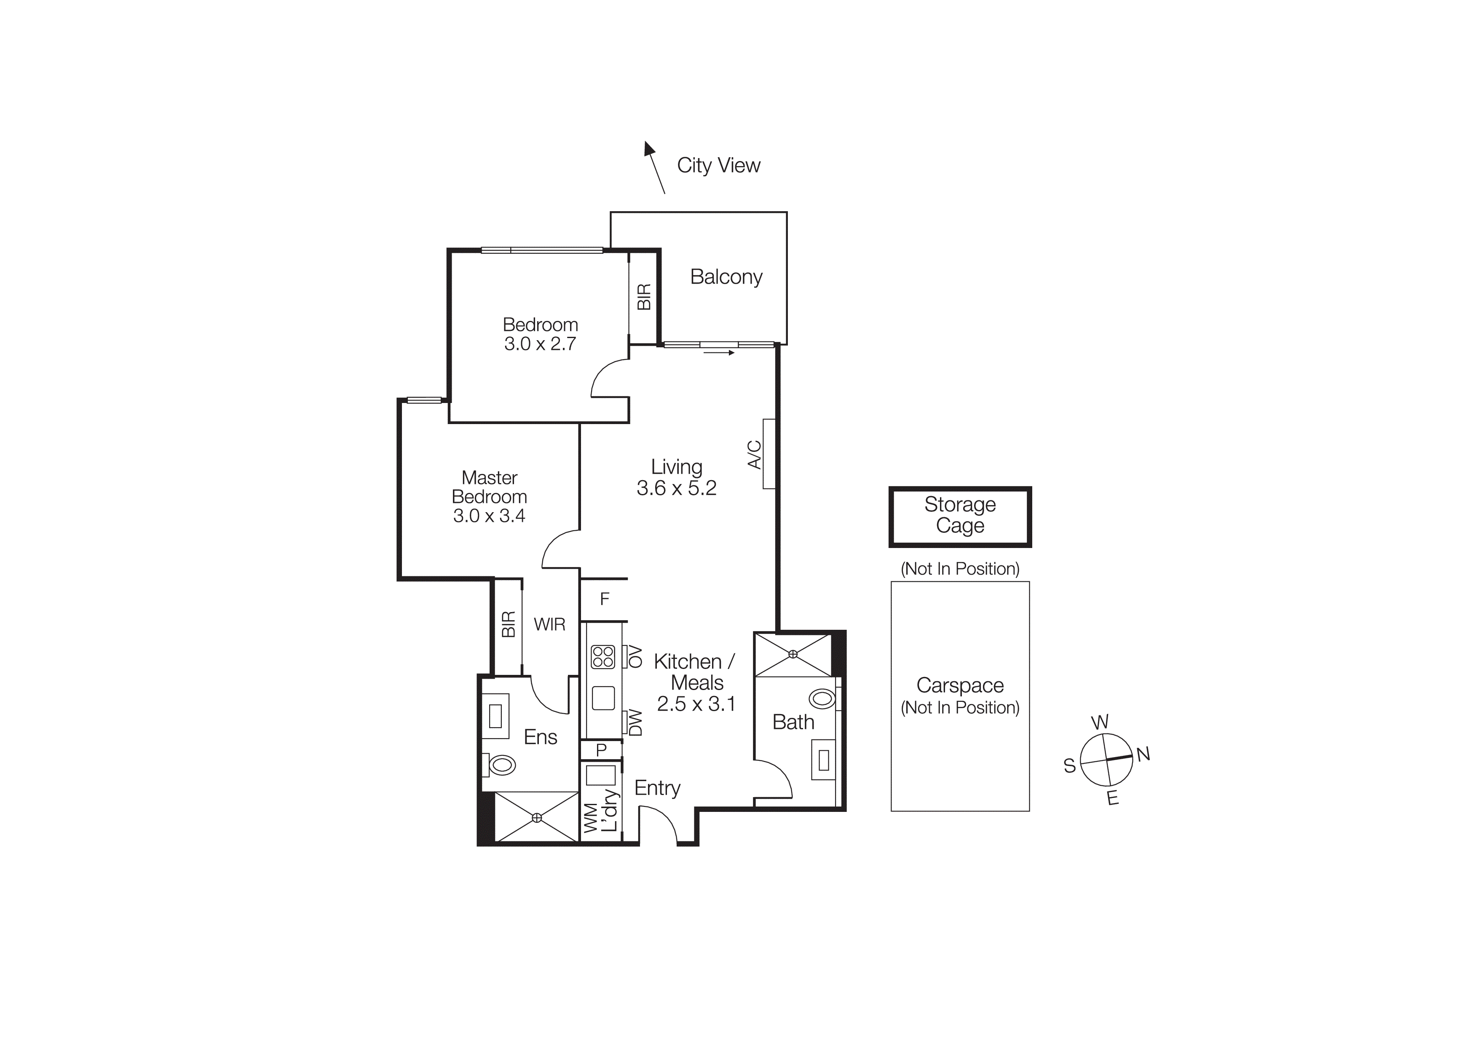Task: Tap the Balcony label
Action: pyautogui.click(x=726, y=277)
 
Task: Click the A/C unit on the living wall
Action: pyautogui.click(x=768, y=454)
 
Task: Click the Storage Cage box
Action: pyautogui.click(x=960, y=516)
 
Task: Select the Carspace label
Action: pyautogui.click(x=960, y=685)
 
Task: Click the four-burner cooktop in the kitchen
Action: pyautogui.click(x=603, y=657)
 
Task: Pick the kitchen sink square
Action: pyautogui.click(x=603, y=698)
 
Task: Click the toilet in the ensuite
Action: pyautogui.click(x=501, y=766)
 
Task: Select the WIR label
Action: pyautogui.click(x=549, y=624)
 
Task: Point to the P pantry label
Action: pyautogui.click(x=601, y=750)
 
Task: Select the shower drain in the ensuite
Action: pyautogui.click(x=537, y=818)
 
